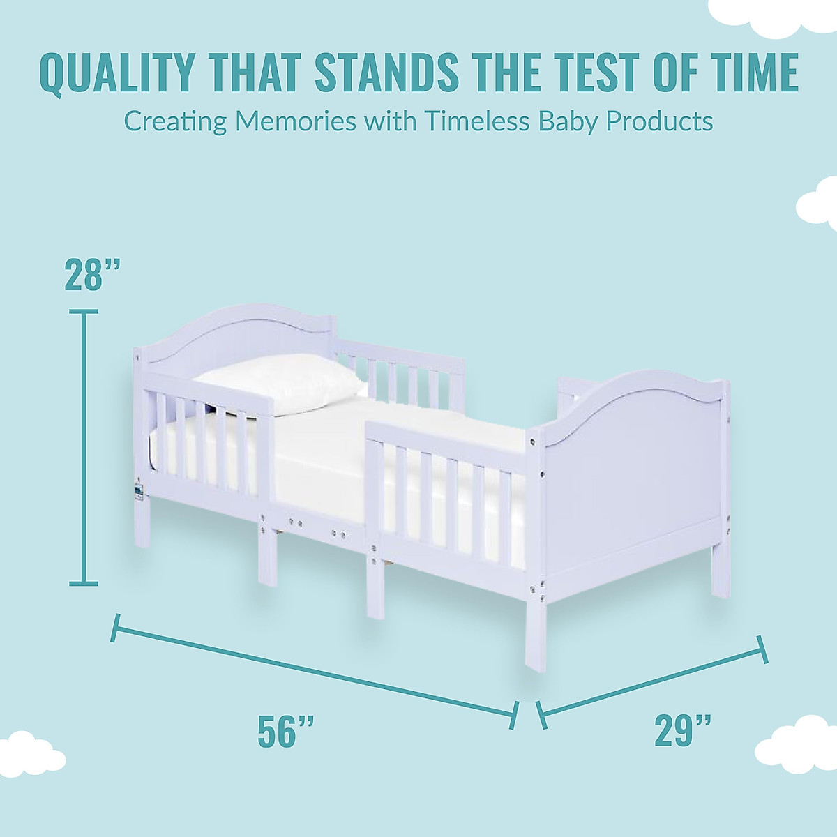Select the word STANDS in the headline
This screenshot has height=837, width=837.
pyautogui.click(x=380, y=72)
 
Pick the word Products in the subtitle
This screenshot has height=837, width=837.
pyautogui.click(x=649, y=121)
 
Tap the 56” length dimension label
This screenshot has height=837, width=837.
pyautogui.click(x=286, y=730)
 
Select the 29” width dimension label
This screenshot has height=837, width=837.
pyautogui.click(x=683, y=730)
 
